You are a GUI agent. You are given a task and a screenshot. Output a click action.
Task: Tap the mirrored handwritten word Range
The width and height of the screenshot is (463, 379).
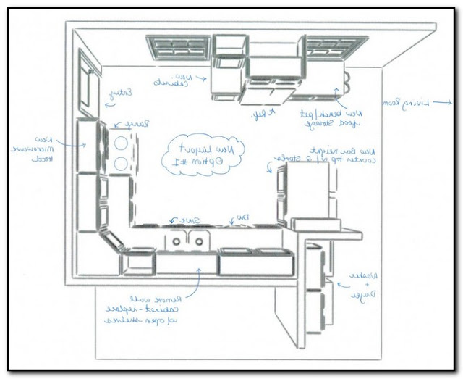click(x=135, y=125)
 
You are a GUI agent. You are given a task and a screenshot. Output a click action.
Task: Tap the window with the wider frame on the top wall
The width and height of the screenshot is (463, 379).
click(x=179, y=47)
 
